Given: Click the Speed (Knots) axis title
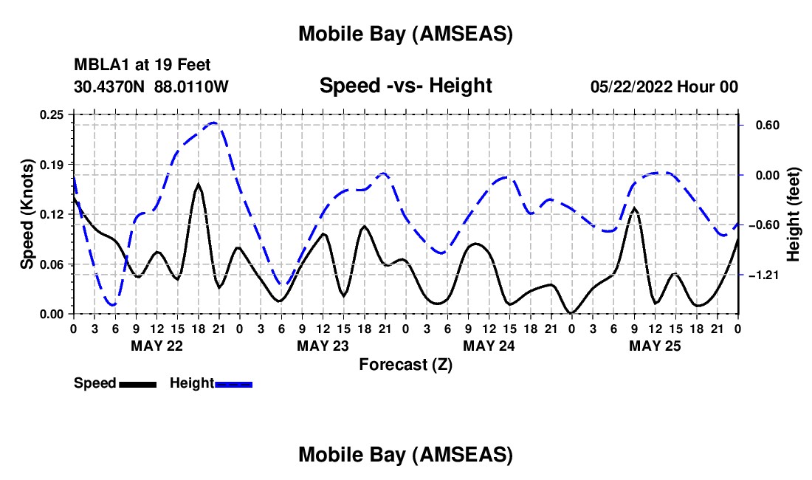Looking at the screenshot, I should click(27, 214).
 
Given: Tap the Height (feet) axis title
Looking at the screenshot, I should click(794, 214).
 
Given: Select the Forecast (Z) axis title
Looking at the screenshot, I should click(405, 364).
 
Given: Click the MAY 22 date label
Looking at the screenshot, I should click(156, 346).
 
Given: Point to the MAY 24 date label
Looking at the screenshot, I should click(488, 346).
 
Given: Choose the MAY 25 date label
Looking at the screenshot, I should click(654, 346).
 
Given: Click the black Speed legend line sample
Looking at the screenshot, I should click(137, 383).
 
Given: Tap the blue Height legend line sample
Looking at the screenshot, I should click(233, 383).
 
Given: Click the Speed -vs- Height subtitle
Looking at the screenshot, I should click(405, 86).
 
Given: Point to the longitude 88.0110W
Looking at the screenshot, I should click(192, 86).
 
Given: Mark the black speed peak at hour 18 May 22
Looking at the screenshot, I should click(198, 184).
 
